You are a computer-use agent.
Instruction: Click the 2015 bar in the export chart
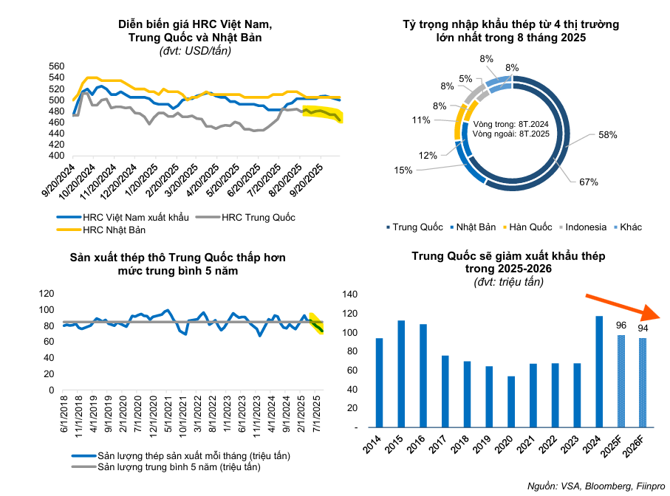pyautogui.click(x=401, y=373)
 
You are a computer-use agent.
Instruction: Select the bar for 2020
pyautogui.click(x=510, y=402)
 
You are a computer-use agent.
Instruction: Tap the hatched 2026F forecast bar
pyautogui.click(x=642, y=382)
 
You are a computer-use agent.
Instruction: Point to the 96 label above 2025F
pyautogui.click(x=621, y=325)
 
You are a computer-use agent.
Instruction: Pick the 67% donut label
pyautogui.click(x=588, y=182)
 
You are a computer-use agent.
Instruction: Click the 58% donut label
pyautogui.click(x=607, y=136)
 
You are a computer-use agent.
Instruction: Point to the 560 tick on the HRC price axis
pyautogui.click(x=58, y=66)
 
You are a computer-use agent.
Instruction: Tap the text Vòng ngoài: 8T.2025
pyautogui.click(x=508, y=134)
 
